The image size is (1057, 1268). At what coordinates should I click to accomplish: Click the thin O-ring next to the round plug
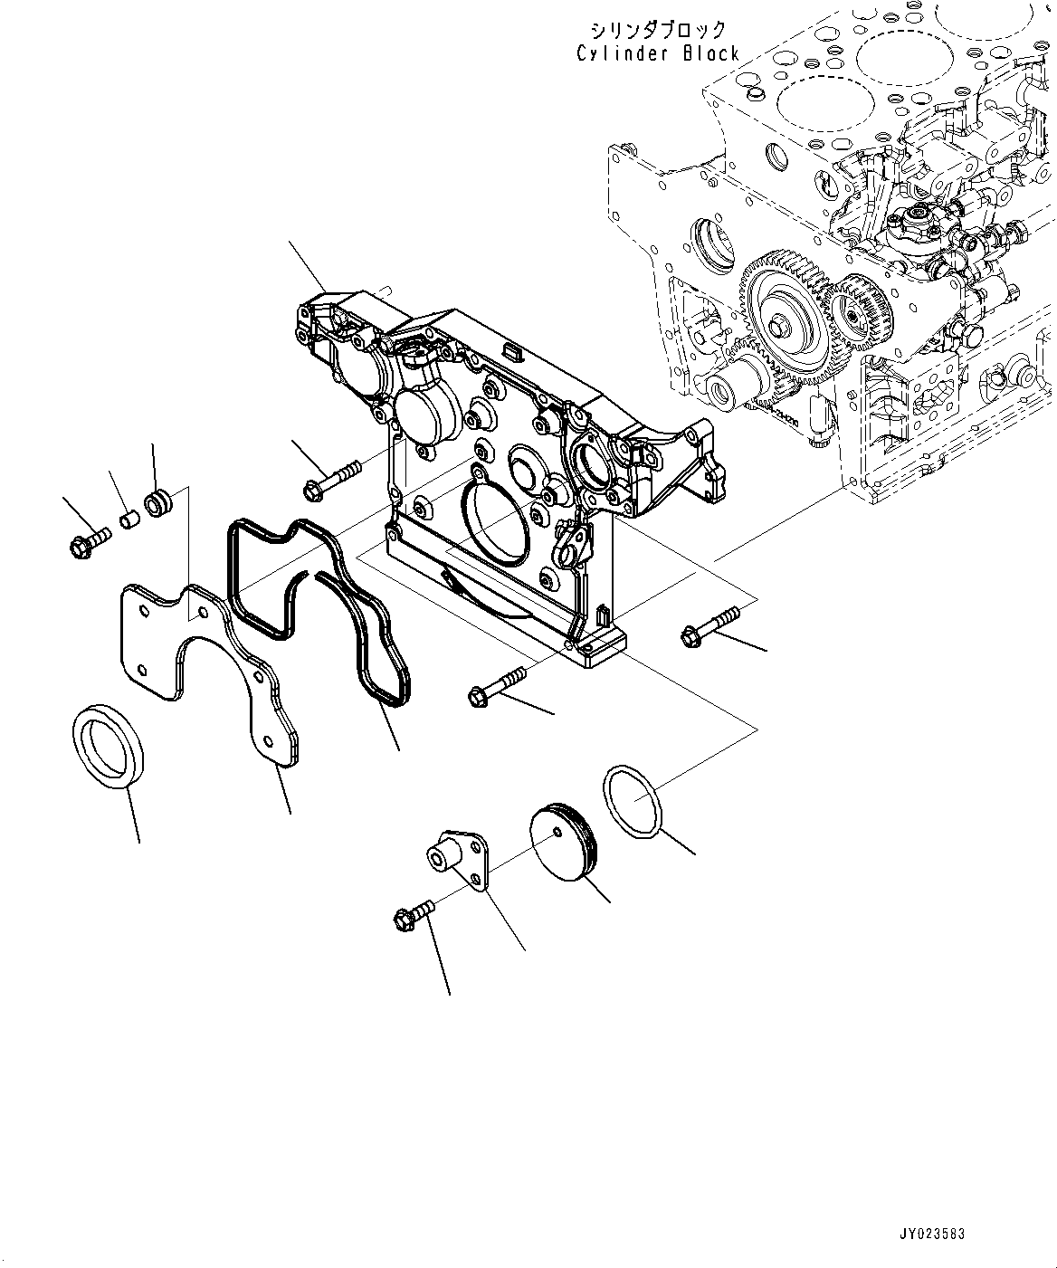pos(634,796)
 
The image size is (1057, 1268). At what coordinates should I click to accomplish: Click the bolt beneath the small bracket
pos(413,913)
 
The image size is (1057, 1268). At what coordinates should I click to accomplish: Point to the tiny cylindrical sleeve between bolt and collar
pos(130,521)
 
